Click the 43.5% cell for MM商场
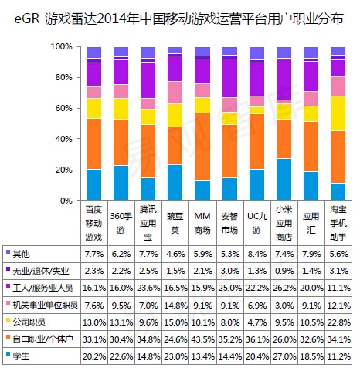point(202,339)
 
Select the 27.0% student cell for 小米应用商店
point(284,356)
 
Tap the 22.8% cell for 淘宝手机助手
point(339,322)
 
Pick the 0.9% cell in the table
point(284,271)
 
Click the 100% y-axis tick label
point(62,46)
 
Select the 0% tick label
point(66,201)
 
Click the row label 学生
point(21,356)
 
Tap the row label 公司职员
point(29,322)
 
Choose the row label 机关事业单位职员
point(46,306)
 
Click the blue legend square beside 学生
point(8,354)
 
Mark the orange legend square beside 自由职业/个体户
point(8,337)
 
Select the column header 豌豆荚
point(175,223)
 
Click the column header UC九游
point(256,223)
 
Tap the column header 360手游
point(121,223)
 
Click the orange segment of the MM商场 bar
point(202,147)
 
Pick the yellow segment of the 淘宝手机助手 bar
point(338,113)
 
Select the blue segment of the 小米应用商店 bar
point(284,180)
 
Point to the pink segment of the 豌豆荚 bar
point(175,93)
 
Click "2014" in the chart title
point(113,19)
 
